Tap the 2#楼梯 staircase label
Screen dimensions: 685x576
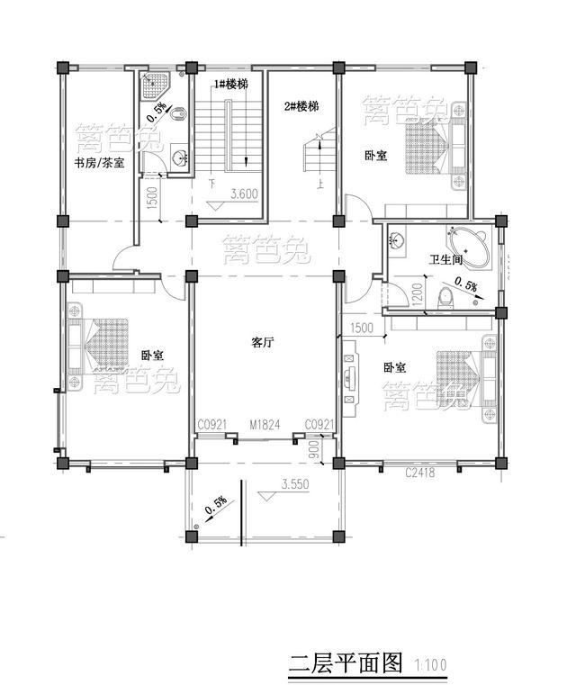point(301,106)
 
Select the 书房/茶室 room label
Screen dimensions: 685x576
point(100,163)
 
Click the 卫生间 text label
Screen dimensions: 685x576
point(446,259)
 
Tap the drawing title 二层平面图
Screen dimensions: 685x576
point(345,664)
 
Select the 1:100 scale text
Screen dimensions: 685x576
point(430,666)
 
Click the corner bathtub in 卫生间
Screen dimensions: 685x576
point(472,244)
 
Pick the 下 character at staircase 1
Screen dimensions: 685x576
point(211,182)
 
